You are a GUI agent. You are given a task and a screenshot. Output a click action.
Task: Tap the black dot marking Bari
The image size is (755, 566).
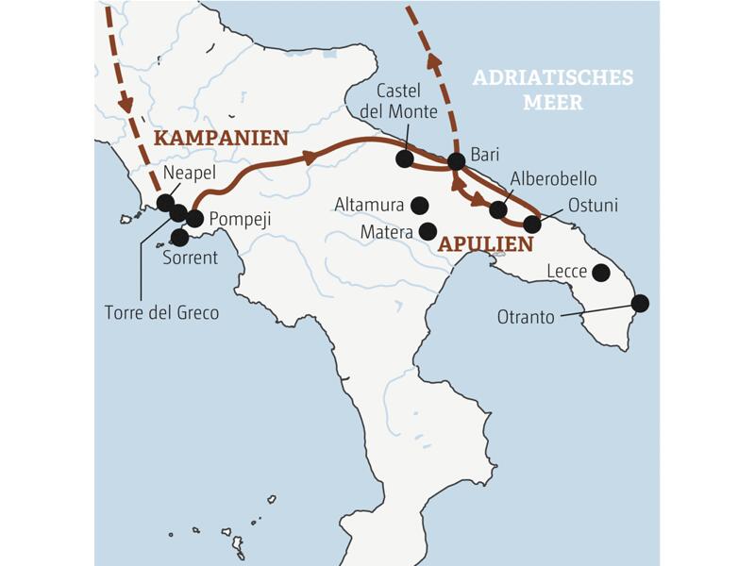coord(456,161)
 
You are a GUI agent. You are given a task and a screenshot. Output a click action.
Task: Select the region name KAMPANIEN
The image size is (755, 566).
coord(220,138)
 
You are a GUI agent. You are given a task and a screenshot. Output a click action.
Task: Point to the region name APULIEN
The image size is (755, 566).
coord(485,243)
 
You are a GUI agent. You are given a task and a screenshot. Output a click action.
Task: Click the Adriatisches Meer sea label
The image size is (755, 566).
coord(552,89)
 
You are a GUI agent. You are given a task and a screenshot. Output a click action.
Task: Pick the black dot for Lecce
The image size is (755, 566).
coord(600,273)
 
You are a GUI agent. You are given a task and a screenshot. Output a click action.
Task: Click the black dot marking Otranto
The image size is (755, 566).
coord(640,303)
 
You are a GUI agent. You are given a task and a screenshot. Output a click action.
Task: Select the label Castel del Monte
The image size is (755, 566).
coord(407,102)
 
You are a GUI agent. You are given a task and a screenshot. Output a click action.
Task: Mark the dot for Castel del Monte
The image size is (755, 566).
coord(404,158)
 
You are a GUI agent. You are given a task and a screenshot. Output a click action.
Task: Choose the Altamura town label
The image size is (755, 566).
coord(370,205)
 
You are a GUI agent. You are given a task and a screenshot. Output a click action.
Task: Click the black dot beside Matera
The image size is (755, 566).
coord(428,230)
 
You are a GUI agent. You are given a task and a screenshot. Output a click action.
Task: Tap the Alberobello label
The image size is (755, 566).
coord(553,178)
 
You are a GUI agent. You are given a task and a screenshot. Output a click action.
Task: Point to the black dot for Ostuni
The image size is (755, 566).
coord(532,225)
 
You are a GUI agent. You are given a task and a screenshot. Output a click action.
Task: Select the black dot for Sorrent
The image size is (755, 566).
coord(179,237)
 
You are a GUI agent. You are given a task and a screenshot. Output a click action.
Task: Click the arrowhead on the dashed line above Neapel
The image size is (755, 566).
coord(126,104)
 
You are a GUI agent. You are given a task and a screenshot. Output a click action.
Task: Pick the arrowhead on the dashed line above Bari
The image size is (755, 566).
coord(435,62)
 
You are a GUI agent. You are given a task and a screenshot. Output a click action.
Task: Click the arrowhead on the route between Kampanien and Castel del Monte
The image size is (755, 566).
coord(309,158)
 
